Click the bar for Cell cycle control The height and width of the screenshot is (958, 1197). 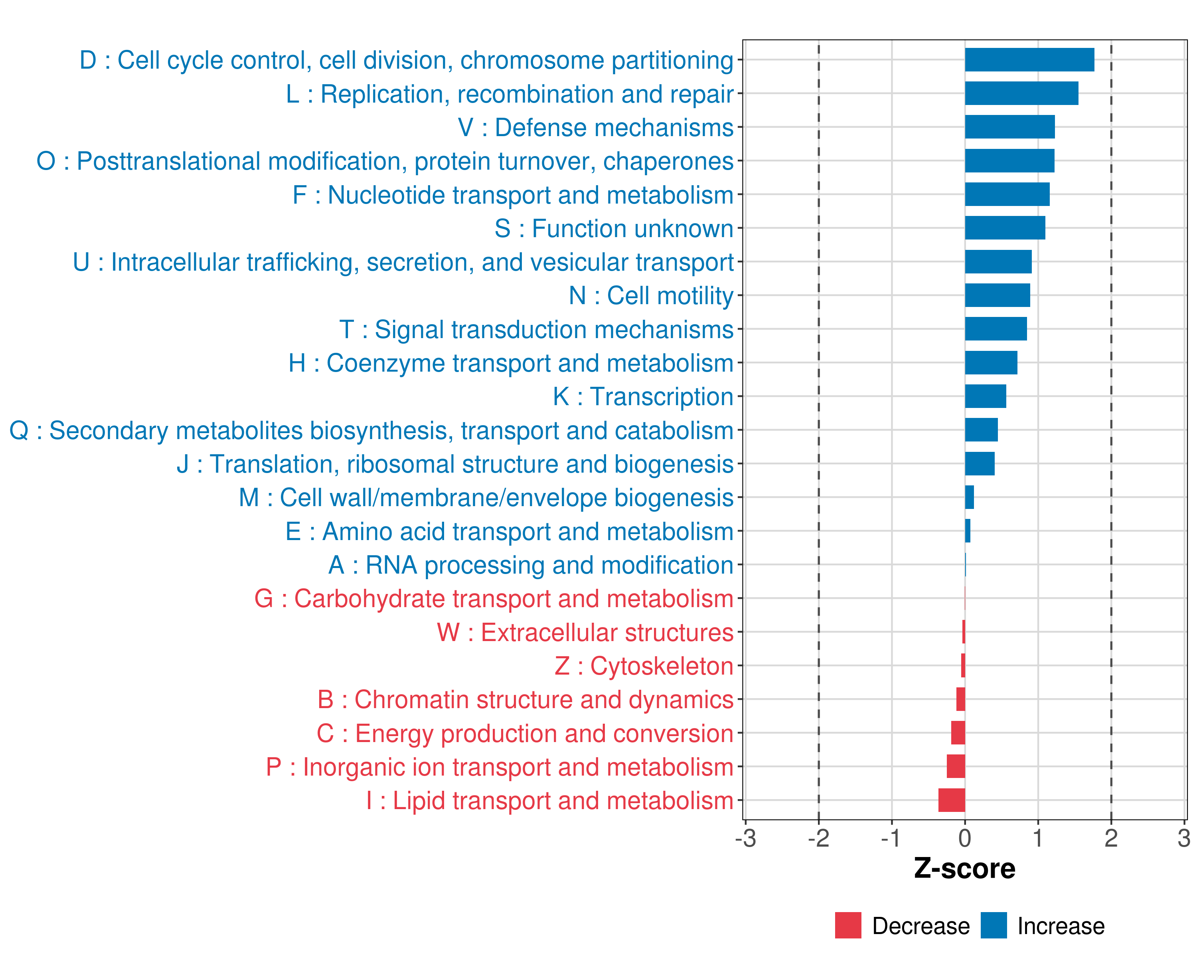point(1029,60)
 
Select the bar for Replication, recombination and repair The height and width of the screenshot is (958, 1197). point(1021,93)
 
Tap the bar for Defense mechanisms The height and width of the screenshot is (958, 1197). point(1009,127)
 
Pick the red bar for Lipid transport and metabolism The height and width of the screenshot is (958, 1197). point(952,800)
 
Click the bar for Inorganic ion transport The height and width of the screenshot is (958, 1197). point(956,766)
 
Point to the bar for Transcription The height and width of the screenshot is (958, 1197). point(986,396)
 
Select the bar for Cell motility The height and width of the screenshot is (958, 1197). point(997,295)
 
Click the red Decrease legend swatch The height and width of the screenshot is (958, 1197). point(848,925)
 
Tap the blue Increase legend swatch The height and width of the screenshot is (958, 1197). point(993,925)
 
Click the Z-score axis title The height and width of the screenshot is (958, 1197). point(964,868)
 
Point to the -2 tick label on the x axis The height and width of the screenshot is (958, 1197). point(818,838)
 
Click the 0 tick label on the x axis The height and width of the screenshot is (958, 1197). point(965,838)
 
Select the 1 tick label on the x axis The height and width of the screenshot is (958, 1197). point(1038,838)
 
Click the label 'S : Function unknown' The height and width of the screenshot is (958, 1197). point(614,229)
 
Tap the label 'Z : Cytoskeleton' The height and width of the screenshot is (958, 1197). point(644,666)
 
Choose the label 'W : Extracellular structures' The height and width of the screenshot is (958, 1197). point(585,633)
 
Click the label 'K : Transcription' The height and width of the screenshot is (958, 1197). point(643,396)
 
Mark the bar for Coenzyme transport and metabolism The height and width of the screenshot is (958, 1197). point(991,363)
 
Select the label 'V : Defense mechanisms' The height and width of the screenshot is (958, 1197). point(595,128)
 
